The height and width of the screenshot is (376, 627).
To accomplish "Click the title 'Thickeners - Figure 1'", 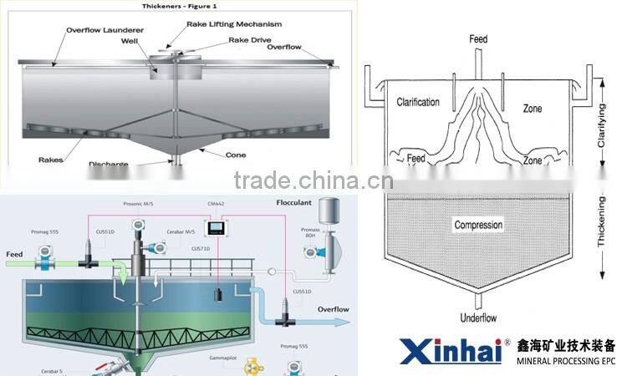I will pyautogui.click(x=174, y=6).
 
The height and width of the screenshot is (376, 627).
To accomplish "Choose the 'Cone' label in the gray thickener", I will pyautogui.click(x=236, y=155).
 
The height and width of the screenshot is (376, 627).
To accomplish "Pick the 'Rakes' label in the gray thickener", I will pyautogui.click(x=51, y=159).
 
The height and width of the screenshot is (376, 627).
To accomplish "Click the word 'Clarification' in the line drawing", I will pyautogui.click(x=418, y=103).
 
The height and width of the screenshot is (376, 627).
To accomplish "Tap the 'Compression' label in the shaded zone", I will pyautogui.click(x=478, y=225).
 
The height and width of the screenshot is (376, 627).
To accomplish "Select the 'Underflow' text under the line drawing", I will pyautogui.click(x=479, y=318).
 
